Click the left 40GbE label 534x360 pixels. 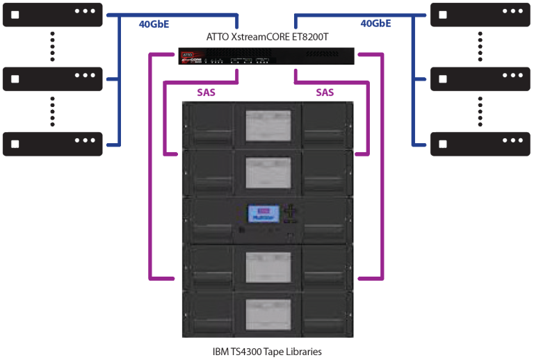pyautogui.click(x=154, y=24)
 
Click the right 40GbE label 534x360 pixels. pyautogui.click(x=375, y=24)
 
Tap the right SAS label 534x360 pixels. pyautogui.click(x=325, y=92)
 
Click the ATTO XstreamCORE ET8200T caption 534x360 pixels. pyautogui.click(x=266, y=37)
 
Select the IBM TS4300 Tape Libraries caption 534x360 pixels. pyautogui.click(x=267, y=351)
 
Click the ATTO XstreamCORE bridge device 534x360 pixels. pyautogui.click(x=266, y=57)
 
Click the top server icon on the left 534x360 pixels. pyautogui.click(x=52, y=14)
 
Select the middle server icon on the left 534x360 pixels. pyautogui.click(x=52, y=79)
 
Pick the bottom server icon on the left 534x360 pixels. pyautogui.click(x=52, y=144)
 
